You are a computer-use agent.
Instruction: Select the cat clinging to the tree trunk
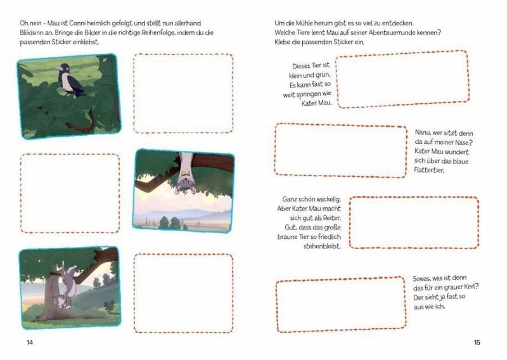[66, 287]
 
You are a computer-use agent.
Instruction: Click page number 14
[30, 342]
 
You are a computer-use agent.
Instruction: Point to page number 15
[477, 342]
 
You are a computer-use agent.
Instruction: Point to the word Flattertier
[429, 170]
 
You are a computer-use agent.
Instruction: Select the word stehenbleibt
[322, 246]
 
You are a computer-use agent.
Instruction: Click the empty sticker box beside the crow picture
[183, 93]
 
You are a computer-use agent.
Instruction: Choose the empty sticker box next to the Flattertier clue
[340, 151]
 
